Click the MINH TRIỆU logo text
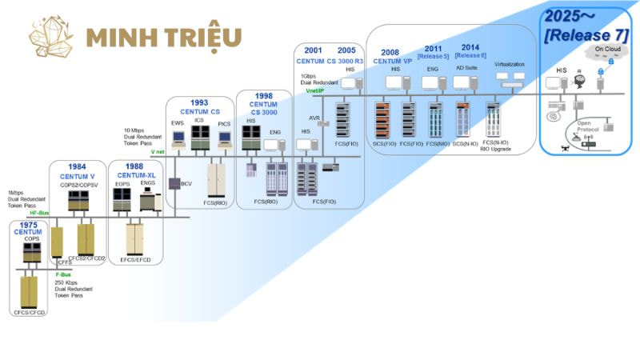point(163,37)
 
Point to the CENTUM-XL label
point(135,174)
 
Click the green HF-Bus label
point(38,213)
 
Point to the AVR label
point(314,117)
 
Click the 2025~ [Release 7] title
point(585,25)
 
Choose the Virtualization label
point(509,64)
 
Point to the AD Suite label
point(466,69)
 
